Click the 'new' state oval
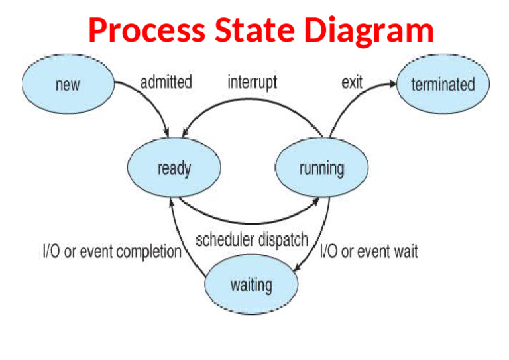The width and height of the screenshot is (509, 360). [68, 84]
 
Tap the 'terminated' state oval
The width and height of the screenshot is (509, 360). [443, 84]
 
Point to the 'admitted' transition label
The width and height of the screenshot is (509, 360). [166, 82]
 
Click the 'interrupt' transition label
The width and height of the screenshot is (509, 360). [252, 82]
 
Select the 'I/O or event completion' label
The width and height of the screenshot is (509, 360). [112, 253]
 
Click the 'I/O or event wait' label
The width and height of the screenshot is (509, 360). [369, 252]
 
